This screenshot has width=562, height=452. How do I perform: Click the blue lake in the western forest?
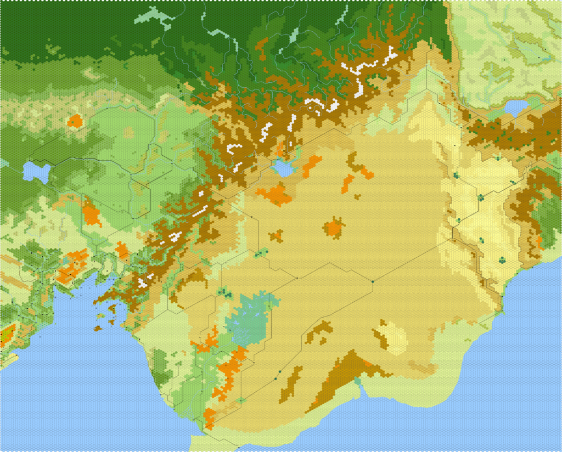click(x=36, y=171)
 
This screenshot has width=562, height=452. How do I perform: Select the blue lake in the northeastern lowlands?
click(x=515, y=108)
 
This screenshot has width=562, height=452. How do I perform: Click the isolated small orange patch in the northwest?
click(x=75, y=121)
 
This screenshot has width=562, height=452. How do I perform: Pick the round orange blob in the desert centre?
click(x=333, y=228)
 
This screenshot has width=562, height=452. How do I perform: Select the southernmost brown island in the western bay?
click(x=97, y=329)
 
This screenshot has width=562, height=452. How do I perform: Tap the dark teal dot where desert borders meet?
click(x=373, y=281)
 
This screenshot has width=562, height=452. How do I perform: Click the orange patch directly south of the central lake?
click(x=274, y=194)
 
